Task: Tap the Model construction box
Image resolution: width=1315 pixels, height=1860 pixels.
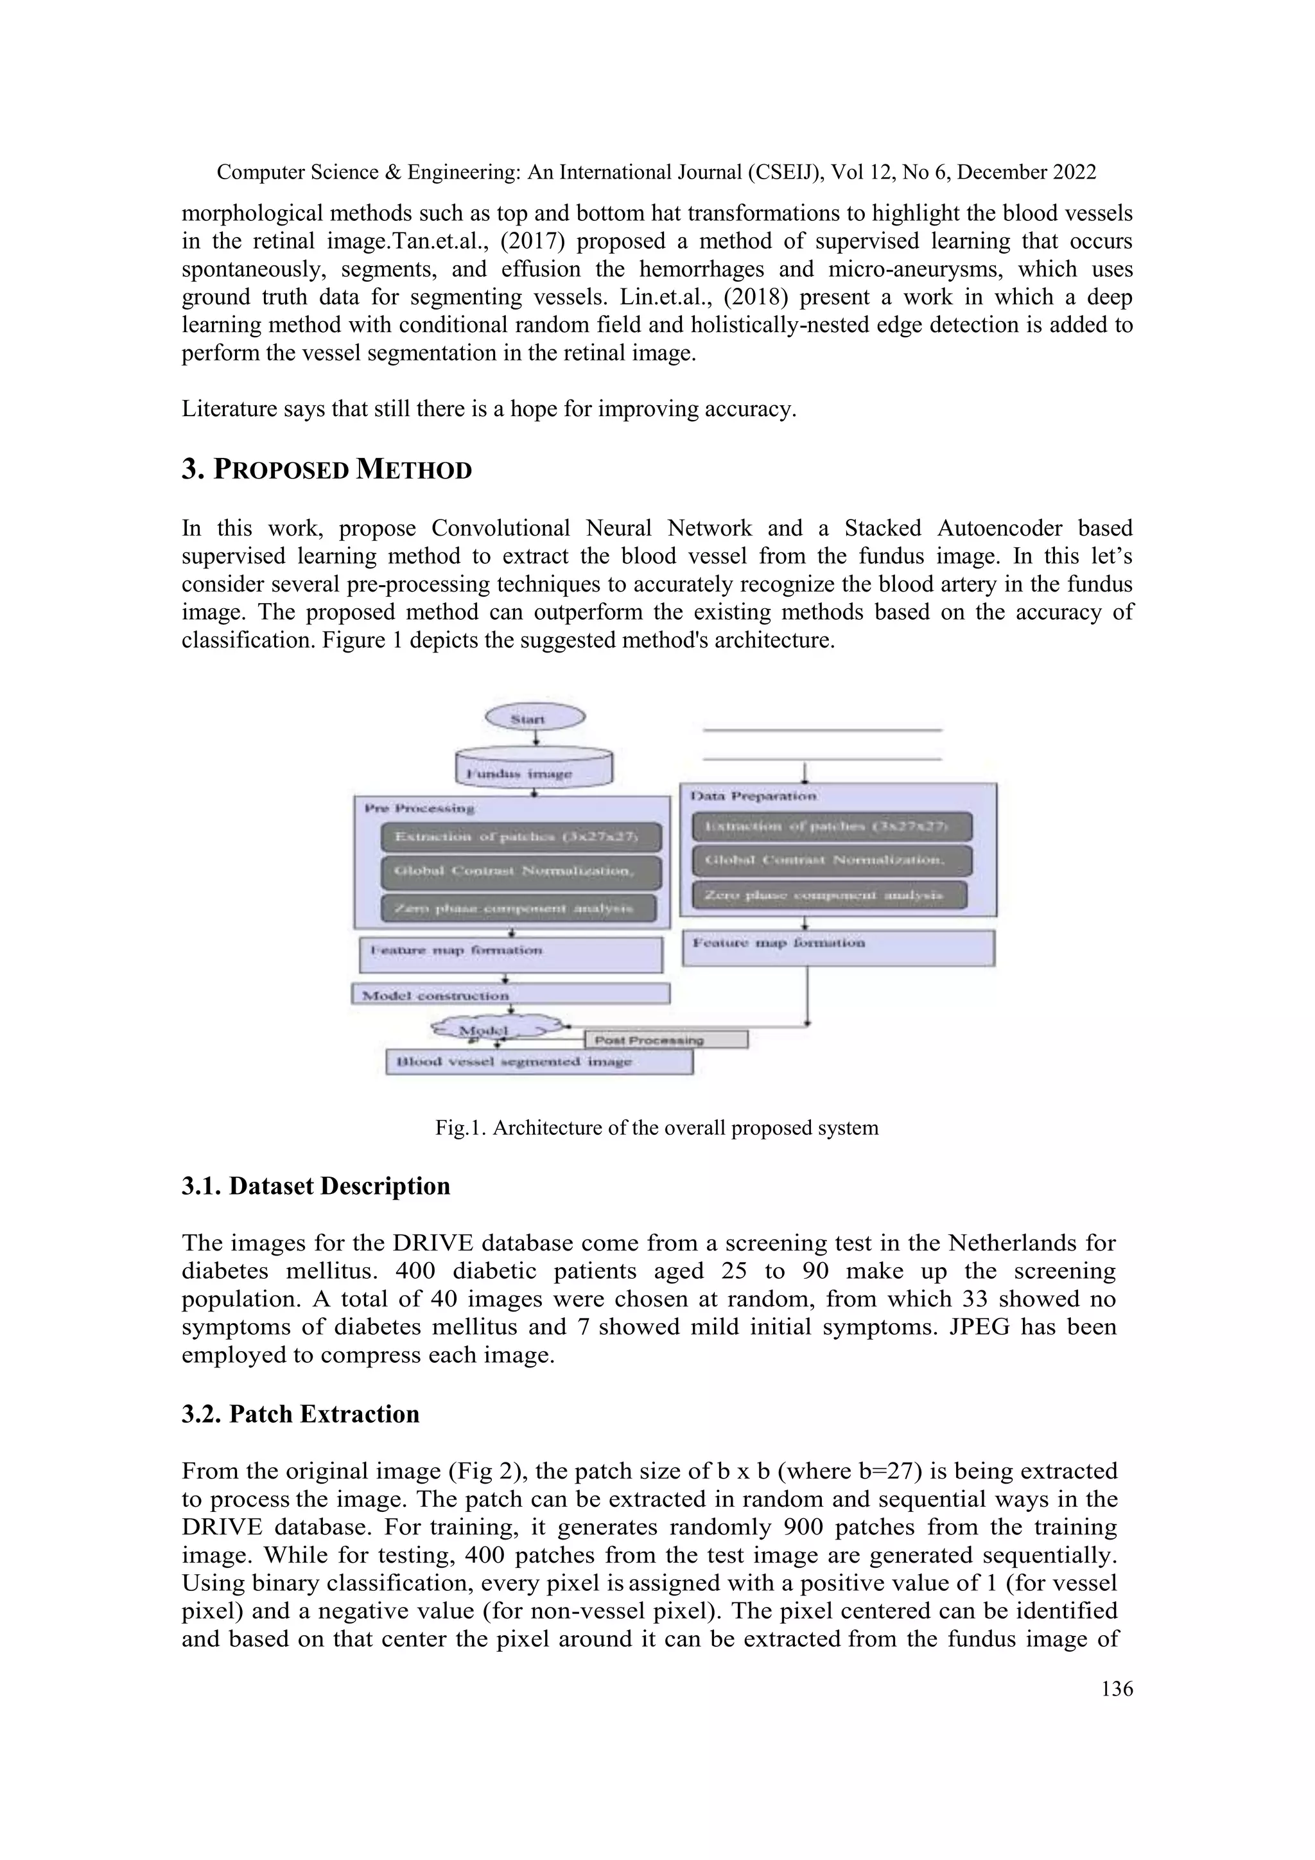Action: (x=510, y=994)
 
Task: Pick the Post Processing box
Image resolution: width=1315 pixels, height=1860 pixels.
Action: (x=666, y=1039)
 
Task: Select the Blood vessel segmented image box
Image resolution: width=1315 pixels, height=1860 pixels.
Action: (x=539, y=1061)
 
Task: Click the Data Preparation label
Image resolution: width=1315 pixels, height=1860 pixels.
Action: (x=753, y=796)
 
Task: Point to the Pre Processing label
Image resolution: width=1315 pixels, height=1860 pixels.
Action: (x=419, y=808)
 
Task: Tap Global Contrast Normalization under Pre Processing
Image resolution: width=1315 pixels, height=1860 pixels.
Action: (x=521, y=872)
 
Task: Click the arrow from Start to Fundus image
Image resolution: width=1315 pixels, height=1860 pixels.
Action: (x=536, y=738)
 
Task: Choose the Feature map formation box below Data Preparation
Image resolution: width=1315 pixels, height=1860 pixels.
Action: (x=838, y=947)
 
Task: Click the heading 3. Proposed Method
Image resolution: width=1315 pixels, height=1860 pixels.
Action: (x=326, y=470)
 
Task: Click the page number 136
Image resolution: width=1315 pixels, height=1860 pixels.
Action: (x=1117, y=1689)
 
